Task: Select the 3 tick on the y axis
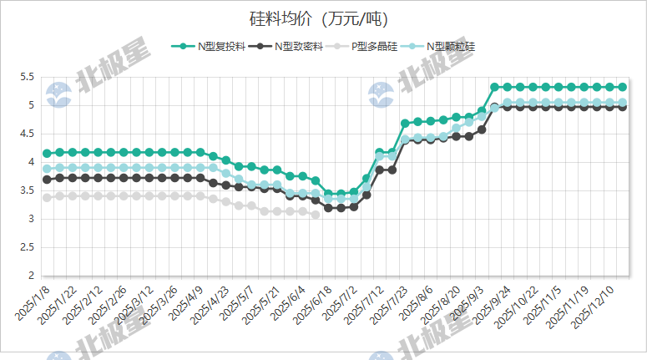(x=31, y=219)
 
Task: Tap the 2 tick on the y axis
(x=31, y=276)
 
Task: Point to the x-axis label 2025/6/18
(x=310, y=308)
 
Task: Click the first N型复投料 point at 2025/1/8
(x=47, y=154)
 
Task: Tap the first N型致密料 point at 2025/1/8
(x=47, y=179)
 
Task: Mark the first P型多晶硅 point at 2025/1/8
(x=47, y=197)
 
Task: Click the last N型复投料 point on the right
(x=622, y=87)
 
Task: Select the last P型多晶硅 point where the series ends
(x=315, y=215)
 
